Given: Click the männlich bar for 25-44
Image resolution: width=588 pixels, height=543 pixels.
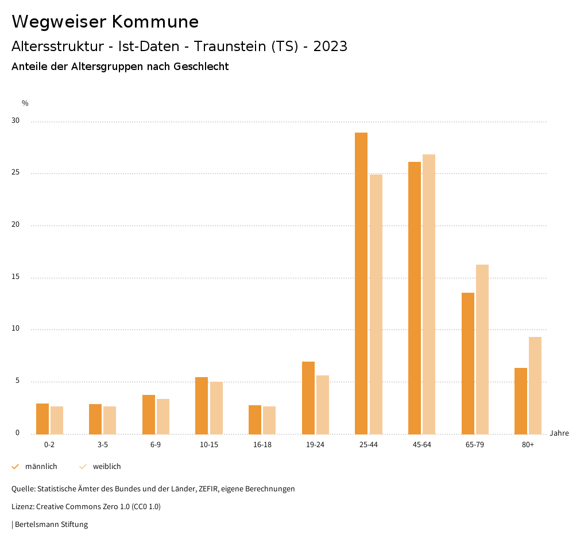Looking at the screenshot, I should [361, 283].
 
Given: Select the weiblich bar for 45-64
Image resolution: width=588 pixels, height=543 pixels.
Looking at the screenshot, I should [429, 294].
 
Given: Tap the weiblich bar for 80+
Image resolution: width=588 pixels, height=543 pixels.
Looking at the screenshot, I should [535, 385].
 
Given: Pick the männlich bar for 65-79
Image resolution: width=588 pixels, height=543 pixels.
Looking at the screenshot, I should [468, 363].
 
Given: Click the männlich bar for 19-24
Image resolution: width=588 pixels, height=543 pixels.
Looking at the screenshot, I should [308, 398].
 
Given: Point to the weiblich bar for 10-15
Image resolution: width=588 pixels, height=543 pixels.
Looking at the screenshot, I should [216, 408].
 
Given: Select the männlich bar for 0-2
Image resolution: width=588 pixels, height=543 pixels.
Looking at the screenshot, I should [42, 418].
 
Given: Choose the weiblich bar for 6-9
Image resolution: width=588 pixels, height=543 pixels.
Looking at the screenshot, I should [163, 416].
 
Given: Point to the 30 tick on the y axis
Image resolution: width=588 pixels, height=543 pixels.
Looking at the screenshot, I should [16, 121].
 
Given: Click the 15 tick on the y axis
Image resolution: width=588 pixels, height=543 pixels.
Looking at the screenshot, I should [16, 277].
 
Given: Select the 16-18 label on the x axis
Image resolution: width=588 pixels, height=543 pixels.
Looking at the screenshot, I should [262, 445].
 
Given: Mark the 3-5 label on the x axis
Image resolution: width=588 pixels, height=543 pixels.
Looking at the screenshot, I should [103, 445].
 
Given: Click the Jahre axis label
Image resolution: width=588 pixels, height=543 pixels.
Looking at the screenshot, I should [559, 433].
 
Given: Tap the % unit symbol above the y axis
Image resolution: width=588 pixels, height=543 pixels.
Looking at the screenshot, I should [25, 103].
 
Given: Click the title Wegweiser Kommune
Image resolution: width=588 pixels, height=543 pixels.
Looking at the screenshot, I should [105, 22].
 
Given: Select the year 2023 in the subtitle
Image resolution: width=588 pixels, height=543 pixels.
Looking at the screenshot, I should [330, 46].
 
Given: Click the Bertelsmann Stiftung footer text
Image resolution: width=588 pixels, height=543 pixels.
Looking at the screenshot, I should [51, 525].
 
